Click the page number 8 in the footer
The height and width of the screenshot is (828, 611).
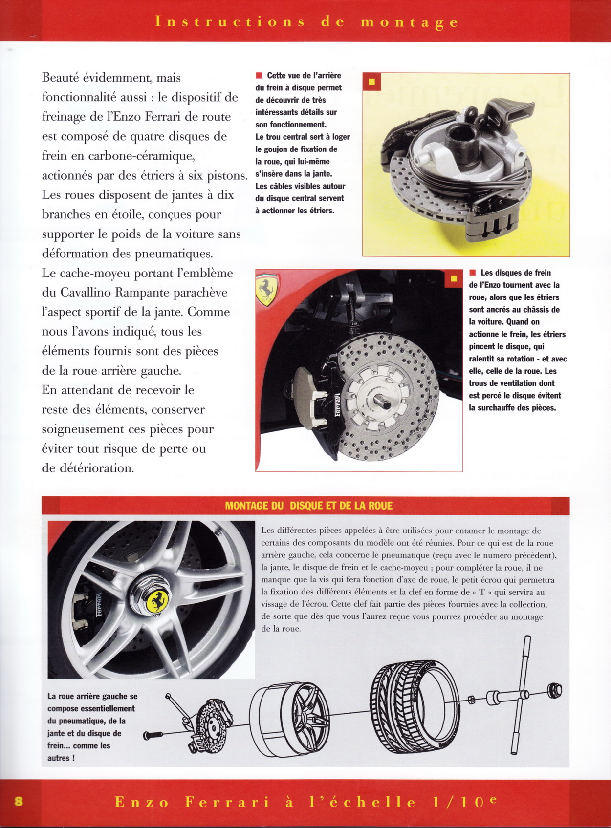coord(19,801)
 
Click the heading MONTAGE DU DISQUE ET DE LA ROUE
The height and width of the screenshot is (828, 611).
coord(308,506)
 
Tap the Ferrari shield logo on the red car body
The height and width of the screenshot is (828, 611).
coord(266,289)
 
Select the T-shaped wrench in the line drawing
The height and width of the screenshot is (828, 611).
coord(519,694)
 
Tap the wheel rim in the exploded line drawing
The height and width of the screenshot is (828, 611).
coord(291,718)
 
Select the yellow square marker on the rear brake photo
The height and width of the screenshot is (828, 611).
coord(371,82)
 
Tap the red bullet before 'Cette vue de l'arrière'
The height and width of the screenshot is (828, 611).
coord(259,75)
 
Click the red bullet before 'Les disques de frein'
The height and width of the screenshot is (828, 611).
coord(472,273)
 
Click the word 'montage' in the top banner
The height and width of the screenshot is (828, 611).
coord(410,22)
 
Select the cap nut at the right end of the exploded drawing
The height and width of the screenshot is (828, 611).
coord(555,690)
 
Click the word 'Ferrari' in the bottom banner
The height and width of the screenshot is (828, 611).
coord(227,802)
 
